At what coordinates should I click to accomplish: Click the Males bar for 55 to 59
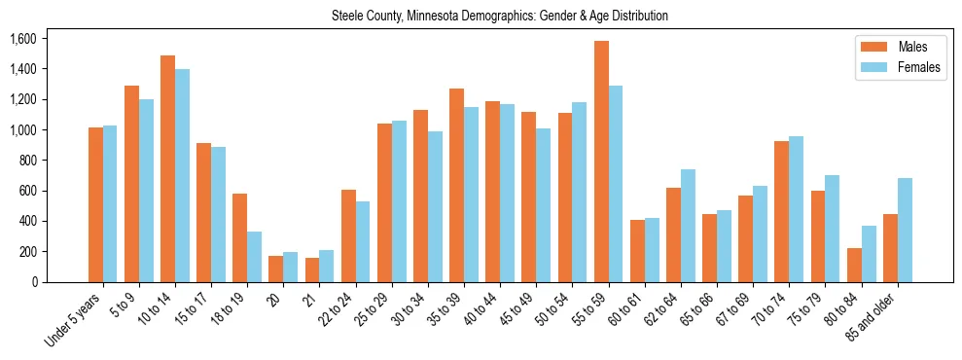coord(601,162)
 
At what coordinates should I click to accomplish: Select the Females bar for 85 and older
coord(905,231)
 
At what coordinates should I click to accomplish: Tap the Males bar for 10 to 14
coord(167,169)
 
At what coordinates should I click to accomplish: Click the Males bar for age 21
coord(311,270)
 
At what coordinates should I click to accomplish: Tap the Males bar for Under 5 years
coord(95,204)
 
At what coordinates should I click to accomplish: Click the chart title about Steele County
coord(500,17)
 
